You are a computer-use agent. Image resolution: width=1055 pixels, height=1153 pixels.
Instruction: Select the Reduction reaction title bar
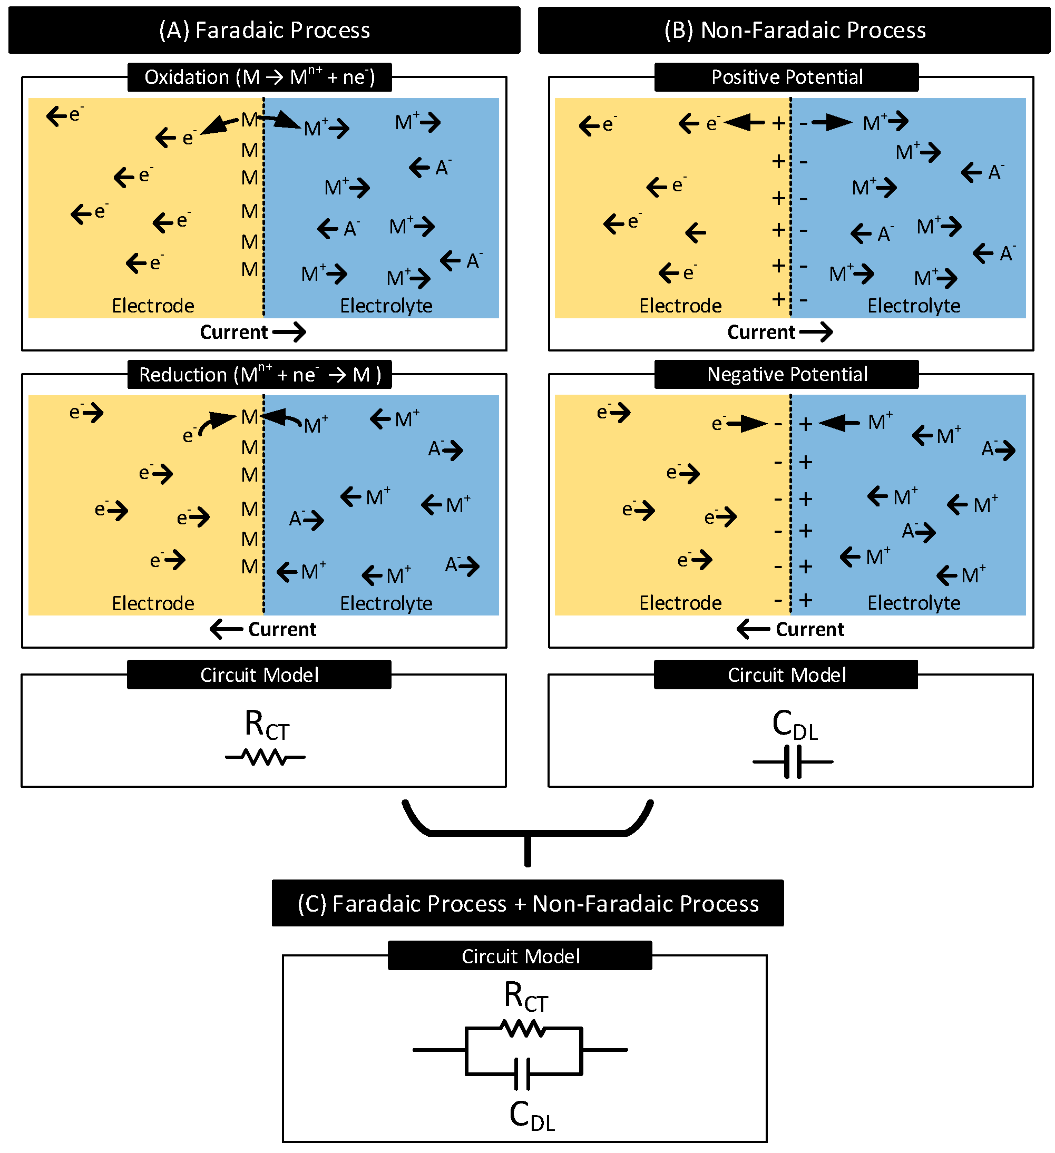(259, 375)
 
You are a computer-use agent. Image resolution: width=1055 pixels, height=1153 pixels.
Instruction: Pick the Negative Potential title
(786, 375)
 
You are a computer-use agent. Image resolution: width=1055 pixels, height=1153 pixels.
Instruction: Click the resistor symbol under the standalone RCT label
(265, 758)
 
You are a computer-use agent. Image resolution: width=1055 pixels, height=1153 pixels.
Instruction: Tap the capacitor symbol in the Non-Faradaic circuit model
(793, 762)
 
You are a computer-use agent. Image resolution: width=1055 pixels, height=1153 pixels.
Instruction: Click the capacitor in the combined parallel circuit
(522, 1074)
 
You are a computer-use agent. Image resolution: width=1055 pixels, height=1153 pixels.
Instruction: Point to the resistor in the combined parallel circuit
(523, 1029)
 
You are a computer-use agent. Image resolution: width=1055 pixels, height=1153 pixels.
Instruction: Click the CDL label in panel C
(532, 1116)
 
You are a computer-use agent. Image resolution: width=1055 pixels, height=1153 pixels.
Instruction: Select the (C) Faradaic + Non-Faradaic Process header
(527, 904)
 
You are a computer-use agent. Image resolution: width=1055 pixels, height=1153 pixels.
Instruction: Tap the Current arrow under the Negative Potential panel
(754, 630)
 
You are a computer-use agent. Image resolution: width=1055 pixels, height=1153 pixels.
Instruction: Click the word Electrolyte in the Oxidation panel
(386, 306)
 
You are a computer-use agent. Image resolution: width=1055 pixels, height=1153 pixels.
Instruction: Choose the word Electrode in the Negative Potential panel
(680, 603)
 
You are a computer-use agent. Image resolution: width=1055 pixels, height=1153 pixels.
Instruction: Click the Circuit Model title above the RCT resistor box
(259, 675)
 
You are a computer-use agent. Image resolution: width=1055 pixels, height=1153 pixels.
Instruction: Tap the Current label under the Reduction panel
(282, 630)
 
